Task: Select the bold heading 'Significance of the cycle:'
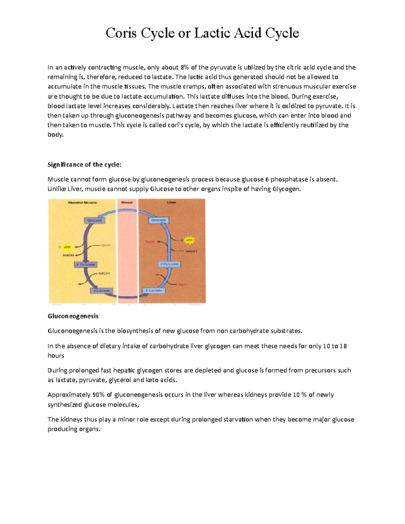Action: click(84, 165)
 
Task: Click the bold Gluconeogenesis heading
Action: click(73, 316)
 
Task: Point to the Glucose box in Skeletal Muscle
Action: click(94, 220)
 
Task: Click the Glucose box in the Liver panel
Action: click(159, 220)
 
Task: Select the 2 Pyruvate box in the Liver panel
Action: click(169, 264)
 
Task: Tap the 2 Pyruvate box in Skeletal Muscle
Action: click(86, 265)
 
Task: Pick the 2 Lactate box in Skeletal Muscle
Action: click(101, 291)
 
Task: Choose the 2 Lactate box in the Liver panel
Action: click(154, 291)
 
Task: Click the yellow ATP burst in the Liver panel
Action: click(189, 240)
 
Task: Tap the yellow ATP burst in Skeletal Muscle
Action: click(67, 247)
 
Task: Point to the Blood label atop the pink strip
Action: click(127, 202)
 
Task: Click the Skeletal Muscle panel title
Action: click(83, 202)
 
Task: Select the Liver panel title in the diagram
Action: click(171, 202)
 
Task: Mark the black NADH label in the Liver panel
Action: click(191, 251)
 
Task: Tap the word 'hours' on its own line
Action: click(56, 356)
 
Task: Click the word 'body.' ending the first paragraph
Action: click(55, 135)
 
